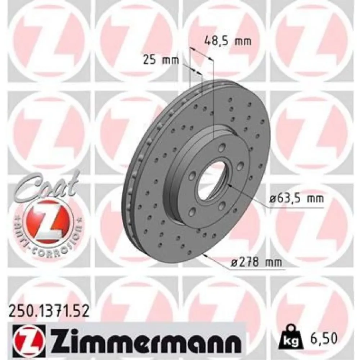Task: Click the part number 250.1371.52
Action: pyautogui.click(x=48, y=310)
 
